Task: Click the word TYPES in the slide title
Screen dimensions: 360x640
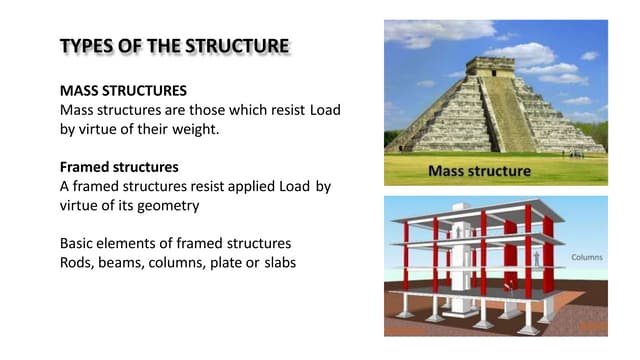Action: (x=84, y=46)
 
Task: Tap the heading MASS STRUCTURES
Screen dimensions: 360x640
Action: (x=123, y=90)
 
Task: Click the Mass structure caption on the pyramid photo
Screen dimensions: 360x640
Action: (x=479, y=171)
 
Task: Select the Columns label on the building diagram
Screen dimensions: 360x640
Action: (x=586, y=257)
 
